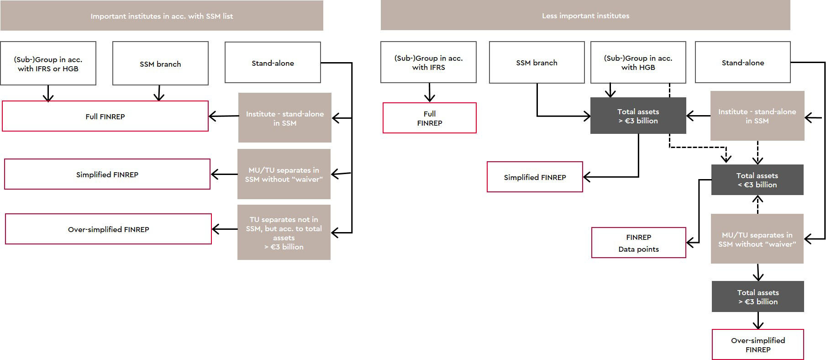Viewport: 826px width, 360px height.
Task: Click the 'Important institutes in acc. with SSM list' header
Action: click(162, 16)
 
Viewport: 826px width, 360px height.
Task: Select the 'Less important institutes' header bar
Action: click(585, 16)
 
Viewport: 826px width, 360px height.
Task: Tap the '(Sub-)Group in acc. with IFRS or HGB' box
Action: click(48, 64)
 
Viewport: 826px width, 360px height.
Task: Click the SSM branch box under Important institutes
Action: click(160, 64)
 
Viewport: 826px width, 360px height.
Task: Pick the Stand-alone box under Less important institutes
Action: click(742, 63)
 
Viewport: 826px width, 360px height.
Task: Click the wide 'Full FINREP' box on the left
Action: click(105, 116)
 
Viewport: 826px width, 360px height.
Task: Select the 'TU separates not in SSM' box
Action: click(284, 233)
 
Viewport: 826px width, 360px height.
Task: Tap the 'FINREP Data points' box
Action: click(638, 243)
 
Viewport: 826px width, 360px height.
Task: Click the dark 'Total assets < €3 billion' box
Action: click(757, 180)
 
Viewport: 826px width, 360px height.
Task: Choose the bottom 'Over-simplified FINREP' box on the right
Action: click(758, 344)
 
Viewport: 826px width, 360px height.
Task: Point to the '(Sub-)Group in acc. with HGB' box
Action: click(638, 63)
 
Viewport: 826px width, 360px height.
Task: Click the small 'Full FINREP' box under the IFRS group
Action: click(429, 118)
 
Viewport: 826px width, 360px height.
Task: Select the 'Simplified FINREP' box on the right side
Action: click(535, 177)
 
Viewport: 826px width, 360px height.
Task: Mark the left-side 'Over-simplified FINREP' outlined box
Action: click(108, 229)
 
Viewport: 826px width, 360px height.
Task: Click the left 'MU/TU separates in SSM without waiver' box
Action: click(284, 174)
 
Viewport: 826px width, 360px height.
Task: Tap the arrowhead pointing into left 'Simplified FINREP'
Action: click(215, 174)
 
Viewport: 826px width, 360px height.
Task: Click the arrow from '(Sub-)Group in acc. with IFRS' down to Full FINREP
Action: click(429, 92)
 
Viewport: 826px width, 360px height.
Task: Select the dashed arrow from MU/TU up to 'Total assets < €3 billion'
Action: click(758, 204)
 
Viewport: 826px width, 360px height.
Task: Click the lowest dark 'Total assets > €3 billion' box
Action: click(758, 297)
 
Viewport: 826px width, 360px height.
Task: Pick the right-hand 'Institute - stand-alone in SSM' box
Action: click(757, 116)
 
